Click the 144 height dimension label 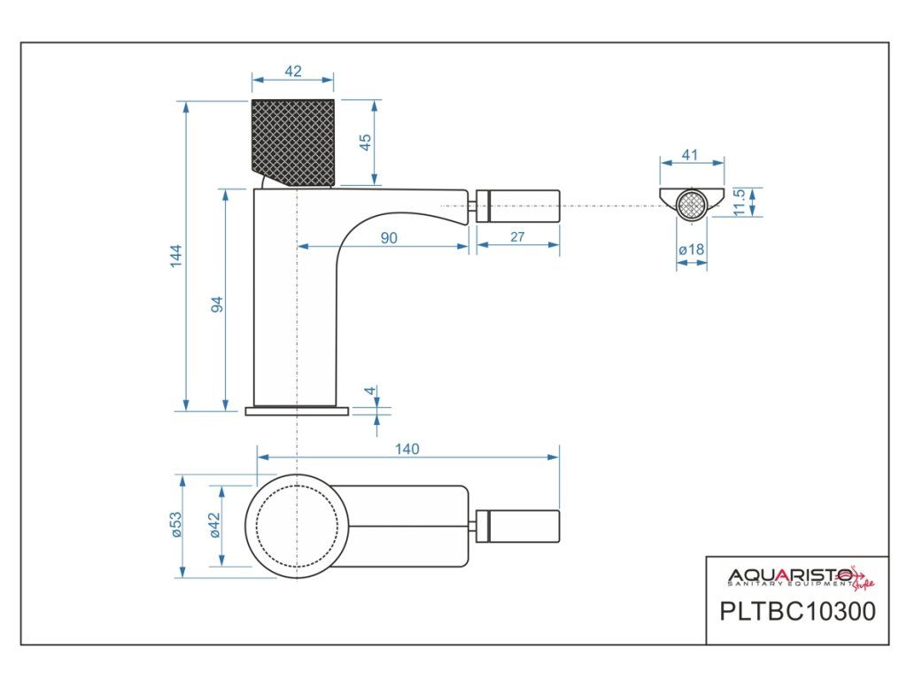(x=176, y=257)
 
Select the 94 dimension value (x=216, y=304)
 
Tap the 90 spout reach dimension (x=388, y=237)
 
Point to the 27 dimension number (x=518, y=236)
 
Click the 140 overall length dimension (x=407, y=449)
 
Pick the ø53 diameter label (x=176, y=526)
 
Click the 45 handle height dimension (x=366, y=142)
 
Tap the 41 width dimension (x=691, y=155)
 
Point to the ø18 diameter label (x=691, y=250)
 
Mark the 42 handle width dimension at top (x=293, y=72)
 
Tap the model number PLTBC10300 (x=798, y=612)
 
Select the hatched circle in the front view (x=691, y=205)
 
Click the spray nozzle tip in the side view (x=518, y=205)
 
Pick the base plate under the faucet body (x=298, y=411)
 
